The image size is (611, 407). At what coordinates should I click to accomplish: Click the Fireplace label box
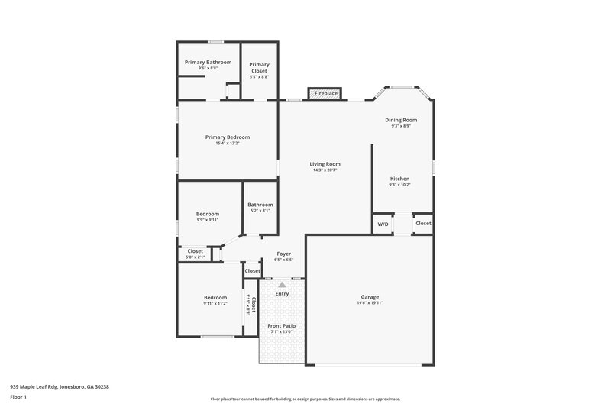(326, 93)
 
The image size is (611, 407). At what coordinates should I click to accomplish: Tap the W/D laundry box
(383, 224)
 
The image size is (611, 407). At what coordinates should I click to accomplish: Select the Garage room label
(370, 296)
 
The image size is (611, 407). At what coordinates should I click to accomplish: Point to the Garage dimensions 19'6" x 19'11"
(370, 303)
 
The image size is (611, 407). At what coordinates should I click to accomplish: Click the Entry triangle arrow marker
(282, 285)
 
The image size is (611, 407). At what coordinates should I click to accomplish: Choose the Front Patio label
(281, 325)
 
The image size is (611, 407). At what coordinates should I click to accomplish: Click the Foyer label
(283, 254)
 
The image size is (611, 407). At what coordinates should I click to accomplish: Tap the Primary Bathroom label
(208, 62)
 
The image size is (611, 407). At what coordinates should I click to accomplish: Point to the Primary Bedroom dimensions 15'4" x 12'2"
(227, 144)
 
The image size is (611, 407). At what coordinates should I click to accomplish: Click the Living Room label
(325, 163)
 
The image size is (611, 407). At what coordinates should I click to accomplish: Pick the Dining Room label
(400, 120)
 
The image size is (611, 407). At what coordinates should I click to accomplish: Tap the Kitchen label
(399, 178)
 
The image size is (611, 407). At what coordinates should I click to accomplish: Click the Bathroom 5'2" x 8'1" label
(260, 204)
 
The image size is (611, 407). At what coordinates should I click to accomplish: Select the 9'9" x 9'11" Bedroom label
(207, 214)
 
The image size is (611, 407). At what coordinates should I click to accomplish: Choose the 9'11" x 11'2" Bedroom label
(215, 297)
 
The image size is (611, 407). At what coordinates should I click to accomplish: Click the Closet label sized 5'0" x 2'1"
(196, 250)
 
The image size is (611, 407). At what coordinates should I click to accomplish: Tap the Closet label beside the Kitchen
(423, 223)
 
